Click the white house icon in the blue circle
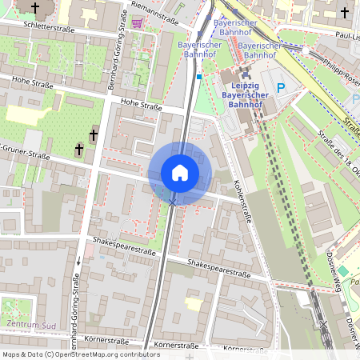click(x=180, y=173)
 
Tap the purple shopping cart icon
click(x=138, y=22)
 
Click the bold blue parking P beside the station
click(x=278, y=86)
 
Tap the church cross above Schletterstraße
click(x=34, y=8)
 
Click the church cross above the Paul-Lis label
click(x=345, y=13)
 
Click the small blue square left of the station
click(x=198, y=77)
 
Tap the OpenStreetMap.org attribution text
click(x=104, y=354)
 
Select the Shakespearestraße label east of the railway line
click(x=218, y=268)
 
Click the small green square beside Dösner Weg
click(x=343, y=271)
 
